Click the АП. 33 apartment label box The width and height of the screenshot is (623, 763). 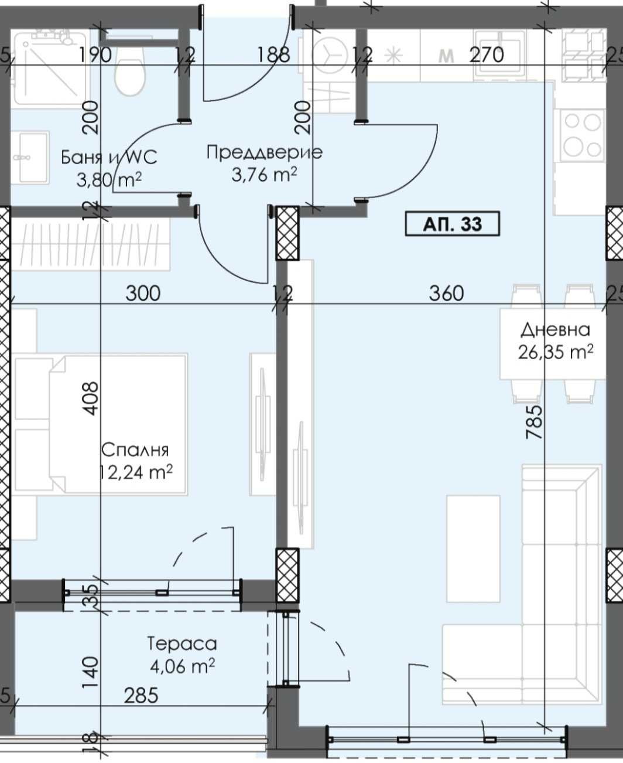[x=453, y=224]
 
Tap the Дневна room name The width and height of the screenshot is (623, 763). [x=555, y=329]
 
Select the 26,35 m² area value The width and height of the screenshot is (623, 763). [x=556, y=352]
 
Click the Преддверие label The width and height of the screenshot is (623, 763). [x=264, y=152]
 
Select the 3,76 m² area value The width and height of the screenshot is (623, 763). [x=264, y=175]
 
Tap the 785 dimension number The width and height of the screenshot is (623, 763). [x=535, y=422]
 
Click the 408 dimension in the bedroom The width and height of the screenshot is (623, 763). [x=90, y=398]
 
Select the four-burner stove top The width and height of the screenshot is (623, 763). [x=583, y=135]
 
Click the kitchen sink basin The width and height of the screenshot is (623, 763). [x=499, y=53]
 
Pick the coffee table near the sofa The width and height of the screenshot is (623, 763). [x=473, y=549]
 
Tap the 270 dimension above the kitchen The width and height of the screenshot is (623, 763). [x=487, y=54]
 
